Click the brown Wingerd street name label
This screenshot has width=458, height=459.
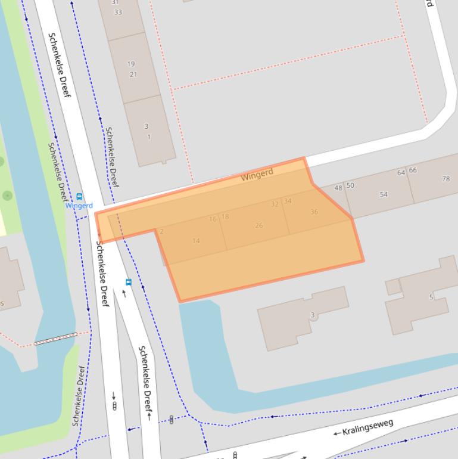pyautogui.click(x=257, y=174)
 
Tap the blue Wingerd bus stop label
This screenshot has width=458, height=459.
pyautogui.click(x=79, y=206)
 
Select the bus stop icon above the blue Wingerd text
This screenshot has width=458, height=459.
pyautogui.click(x=79, y=197)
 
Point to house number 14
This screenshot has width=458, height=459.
pyautogui.click(x=196, y=241)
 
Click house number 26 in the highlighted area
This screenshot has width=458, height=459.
pyautogui.click(x=259, y=225)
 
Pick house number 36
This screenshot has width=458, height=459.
pyautogui.click(x=314, y=212)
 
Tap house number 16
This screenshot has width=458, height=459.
pyautogui.click(x=213, y=219)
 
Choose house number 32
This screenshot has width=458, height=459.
pyautogui.click(x=275, y=204)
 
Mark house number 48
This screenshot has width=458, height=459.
pyautogui.click(x=338, y=188)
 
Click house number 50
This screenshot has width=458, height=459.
pyautogui.click(x=350, y=185)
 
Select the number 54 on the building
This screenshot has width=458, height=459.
pyautogui.click(x=384, y=194)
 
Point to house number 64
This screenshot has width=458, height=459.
pyautogui.click(x=401, y=173)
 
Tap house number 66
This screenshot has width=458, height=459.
pyautogui.click(x=413, y=170)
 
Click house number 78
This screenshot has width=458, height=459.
pyautogui.click(x=446, y=179)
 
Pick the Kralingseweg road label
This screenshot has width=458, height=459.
pyautogui.click(x=367, y=426)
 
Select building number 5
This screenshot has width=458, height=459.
pyautogui.click(x=431, y=297)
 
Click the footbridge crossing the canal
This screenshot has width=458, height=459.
pyautogui.click(x=55, y=339)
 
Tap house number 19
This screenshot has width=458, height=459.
pyautogui.click(x=130, y=64)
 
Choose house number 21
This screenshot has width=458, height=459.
pyautogui.click(x=133, y=75)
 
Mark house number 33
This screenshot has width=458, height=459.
pyautogui.click(x=118, y=12)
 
